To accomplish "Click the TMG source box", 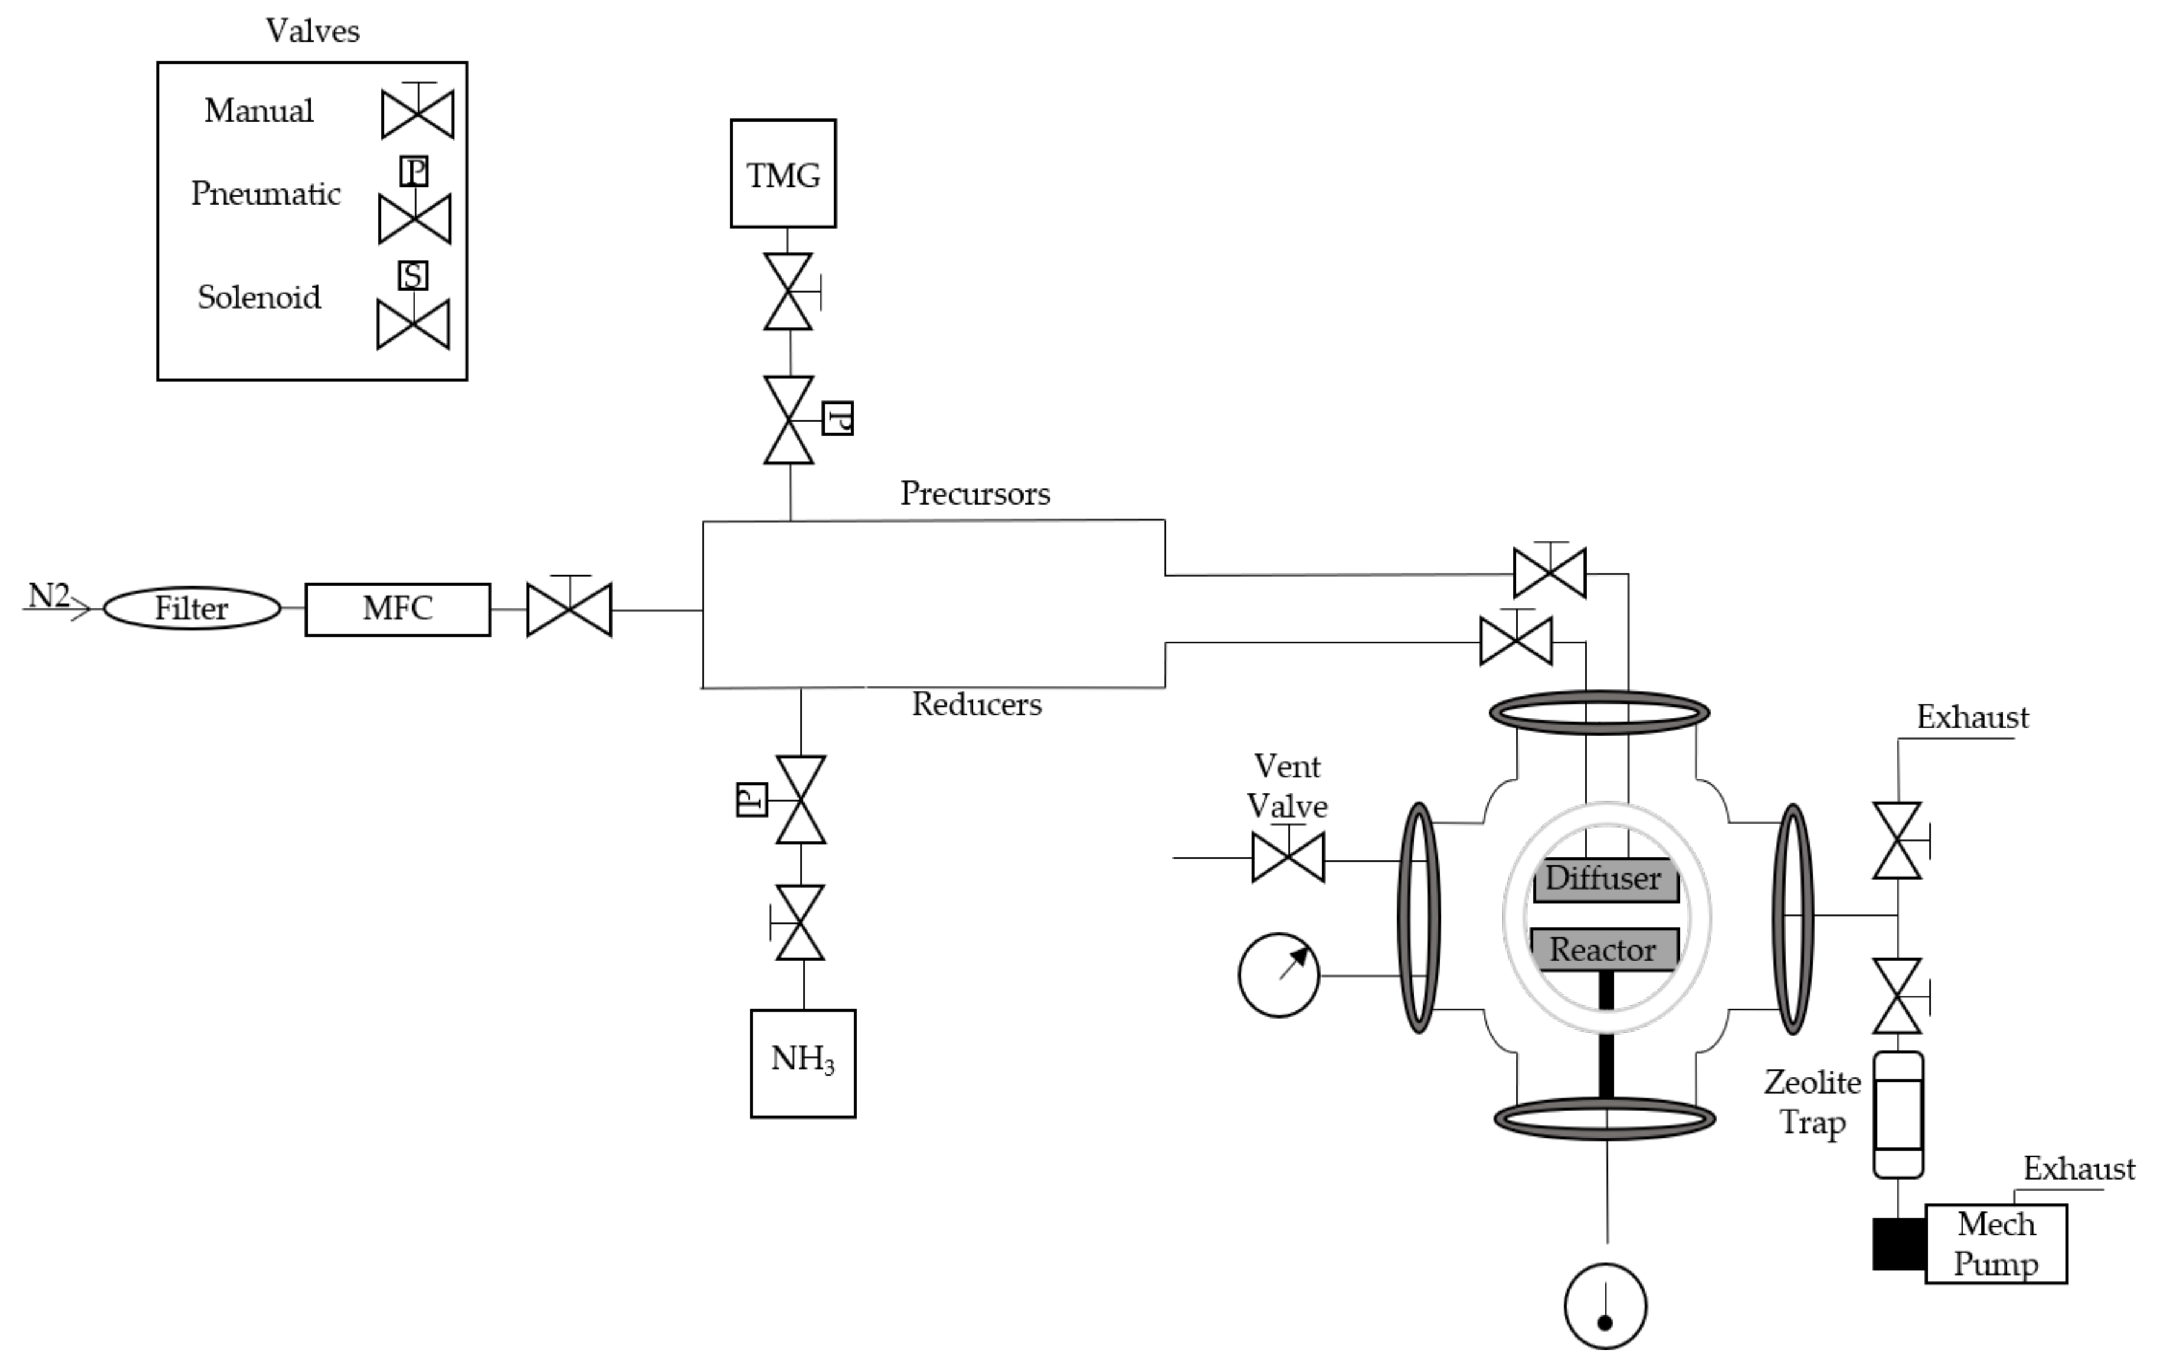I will tap(783, 173).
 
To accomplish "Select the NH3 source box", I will tap(803, 1063).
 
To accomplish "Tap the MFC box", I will tap(397, 609).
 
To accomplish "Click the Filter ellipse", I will tap(192, 608).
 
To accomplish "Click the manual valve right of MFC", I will tap(569, 609).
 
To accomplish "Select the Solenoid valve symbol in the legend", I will tap(413, 324).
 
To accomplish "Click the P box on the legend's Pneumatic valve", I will tap(414, 170).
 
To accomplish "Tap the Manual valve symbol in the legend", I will tap(418, 114).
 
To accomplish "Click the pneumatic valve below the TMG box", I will tap(789, 419).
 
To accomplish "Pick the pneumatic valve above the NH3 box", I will tap(800, 800).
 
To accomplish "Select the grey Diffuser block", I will tap(1605, 879).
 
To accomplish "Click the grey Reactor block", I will tap(1603, 949).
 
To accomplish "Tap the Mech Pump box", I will tap(1996, 1244).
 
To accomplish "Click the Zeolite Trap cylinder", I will tap(1898, 1115).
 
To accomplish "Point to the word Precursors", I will tap(975, 493).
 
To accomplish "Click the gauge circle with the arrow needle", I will tap(1278, 976).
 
